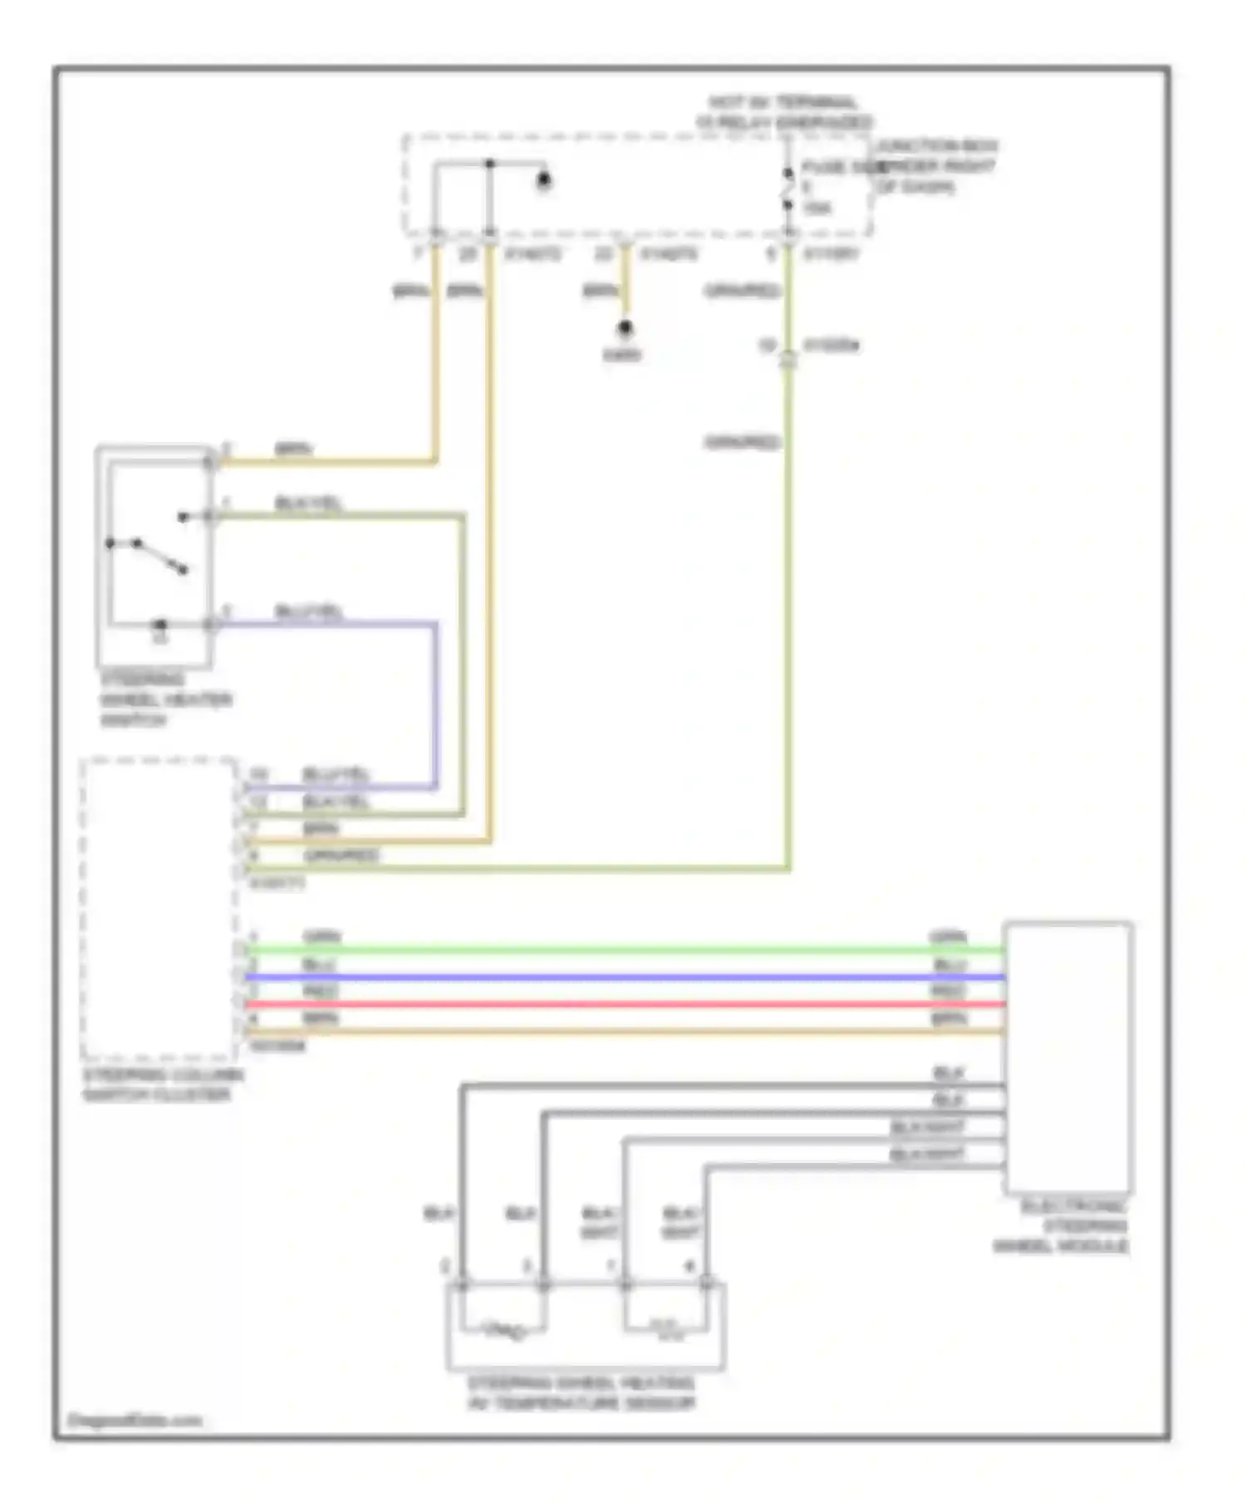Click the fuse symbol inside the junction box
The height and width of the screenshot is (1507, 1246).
pyautogui.click(x=787, y=189)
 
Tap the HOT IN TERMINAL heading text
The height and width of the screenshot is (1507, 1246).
pyautogui.click(x=783, y=112)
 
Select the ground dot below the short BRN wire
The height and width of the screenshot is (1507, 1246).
pyautogui.click(x=625, y=329)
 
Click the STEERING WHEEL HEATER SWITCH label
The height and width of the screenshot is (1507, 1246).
pyautogui.click(x=164, y=700)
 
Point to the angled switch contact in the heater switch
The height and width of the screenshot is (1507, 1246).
pyautogui.click(x=159, y=556)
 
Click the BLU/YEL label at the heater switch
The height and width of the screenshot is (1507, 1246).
pyautogui.click(x=308, y=613)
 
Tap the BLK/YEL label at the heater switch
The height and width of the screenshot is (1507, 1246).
pyautogui.click(x=308, y=503)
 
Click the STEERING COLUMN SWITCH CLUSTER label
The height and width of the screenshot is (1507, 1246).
pyautogui.click(x=163, y=1085)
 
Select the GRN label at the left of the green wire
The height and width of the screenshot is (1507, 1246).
pyautogui.click(x=321, y=937)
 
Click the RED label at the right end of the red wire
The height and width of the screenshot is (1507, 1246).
pyautogui.click(x=948, y=992)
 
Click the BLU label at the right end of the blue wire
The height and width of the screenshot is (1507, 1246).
pyautogui.click(x=949, y=965)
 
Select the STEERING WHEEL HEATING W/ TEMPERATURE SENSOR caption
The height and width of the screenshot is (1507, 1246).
pyautogui.click(x=581, y=1393)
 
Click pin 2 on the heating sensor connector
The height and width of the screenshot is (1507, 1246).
pyautogui.click(x=445, y=1267)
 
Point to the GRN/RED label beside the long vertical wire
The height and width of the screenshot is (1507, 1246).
pyautogui.click(x=742, y=443)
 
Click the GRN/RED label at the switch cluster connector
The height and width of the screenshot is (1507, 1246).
pyautogui.click(x=341, y=855)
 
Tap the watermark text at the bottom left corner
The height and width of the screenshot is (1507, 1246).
pyautogui.click(x=135, y=1421)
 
